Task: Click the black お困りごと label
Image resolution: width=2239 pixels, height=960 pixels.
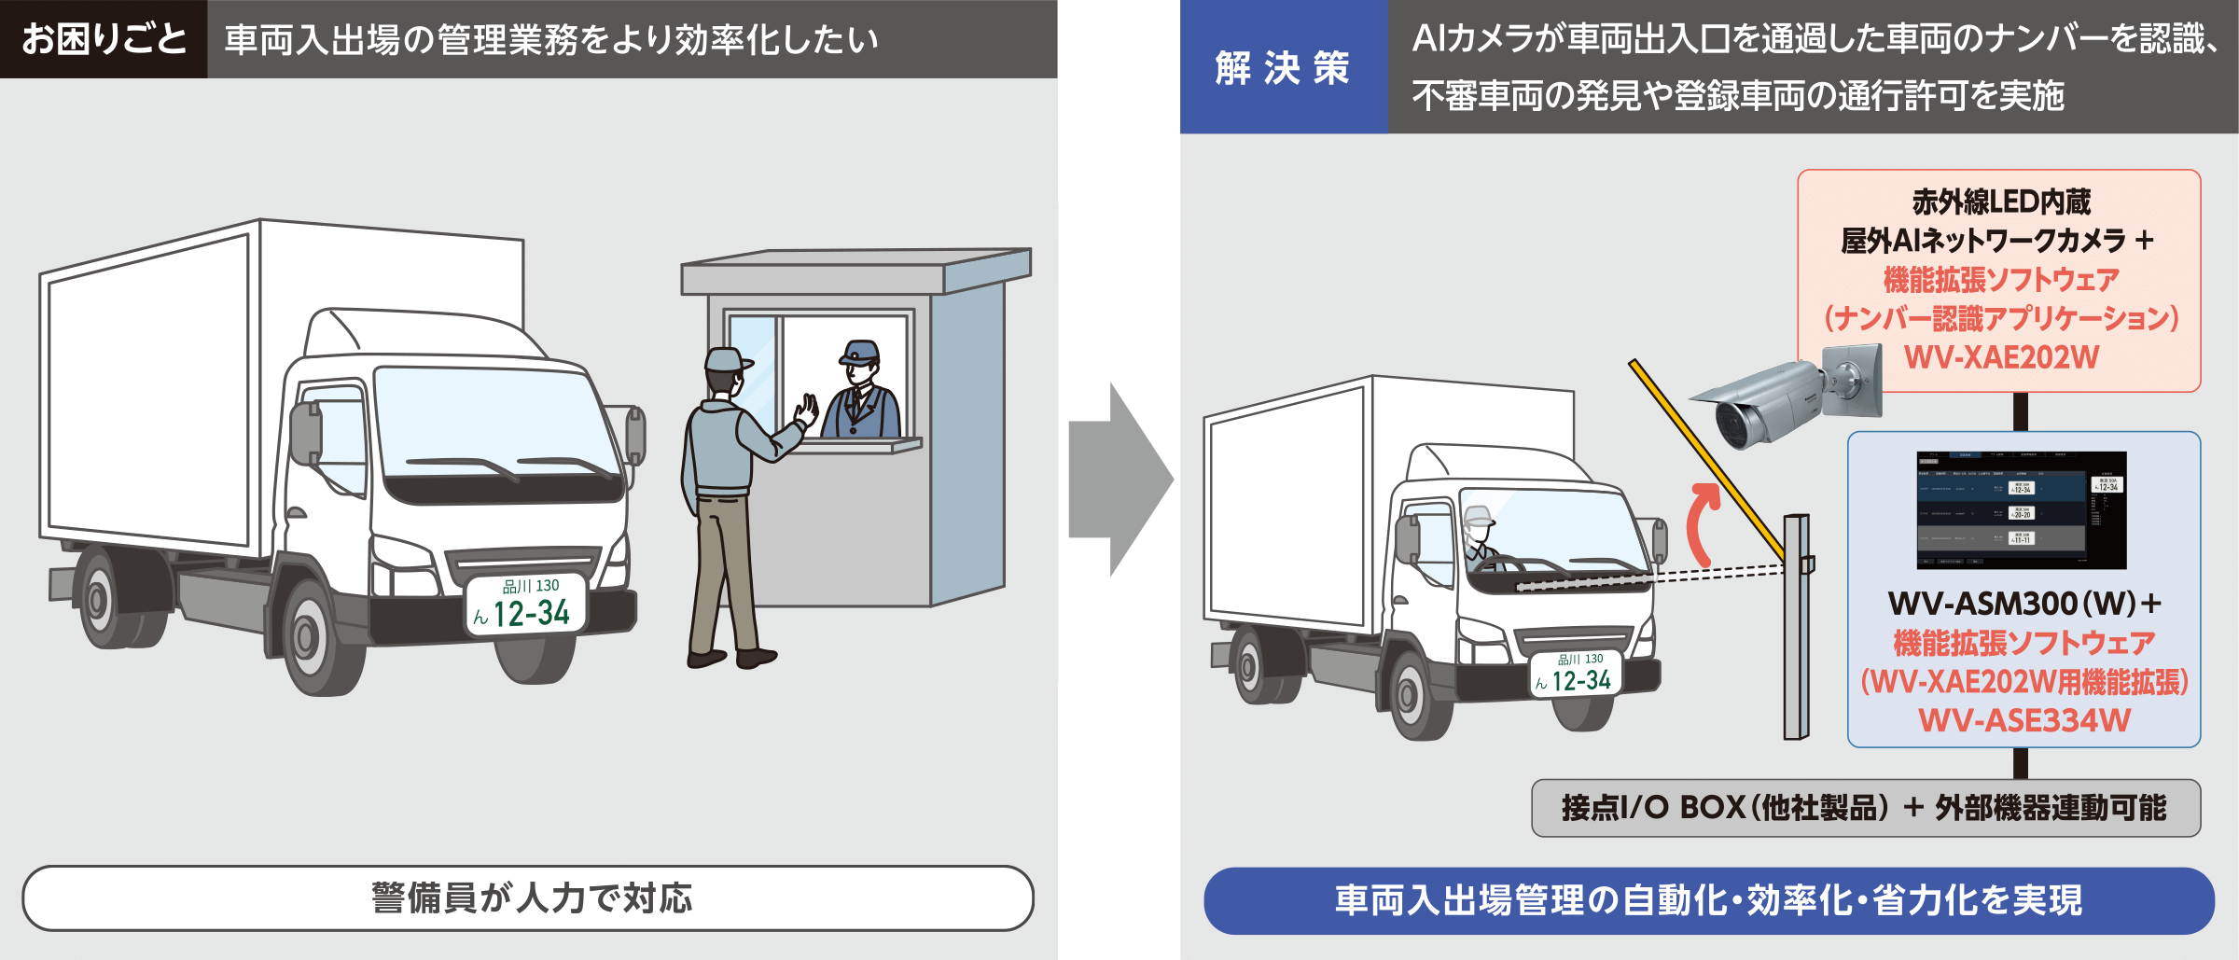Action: (104, 39)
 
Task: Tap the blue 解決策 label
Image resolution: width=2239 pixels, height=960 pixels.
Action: (1283, 67)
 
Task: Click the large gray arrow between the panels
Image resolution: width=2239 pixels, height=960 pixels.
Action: (1119, 479)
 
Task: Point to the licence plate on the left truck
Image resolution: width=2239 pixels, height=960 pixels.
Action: (528, 605)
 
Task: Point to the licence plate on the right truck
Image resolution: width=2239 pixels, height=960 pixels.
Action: (1577, 674)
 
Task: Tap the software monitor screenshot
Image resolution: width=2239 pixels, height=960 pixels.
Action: (2021, 509)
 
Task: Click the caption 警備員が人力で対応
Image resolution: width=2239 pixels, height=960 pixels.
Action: (529, 898)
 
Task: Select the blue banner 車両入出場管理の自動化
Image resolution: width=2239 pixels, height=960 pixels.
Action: (1708, 900)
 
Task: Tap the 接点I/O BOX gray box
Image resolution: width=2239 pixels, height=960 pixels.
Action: (1866, 808)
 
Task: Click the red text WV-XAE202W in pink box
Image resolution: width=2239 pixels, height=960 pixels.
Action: (2001, 357)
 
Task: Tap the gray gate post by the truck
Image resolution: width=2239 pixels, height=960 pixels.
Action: (1796, 634)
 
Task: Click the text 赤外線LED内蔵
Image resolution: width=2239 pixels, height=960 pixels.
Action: (2001, 202)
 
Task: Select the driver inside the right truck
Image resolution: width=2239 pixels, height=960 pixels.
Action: (1481, 536)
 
